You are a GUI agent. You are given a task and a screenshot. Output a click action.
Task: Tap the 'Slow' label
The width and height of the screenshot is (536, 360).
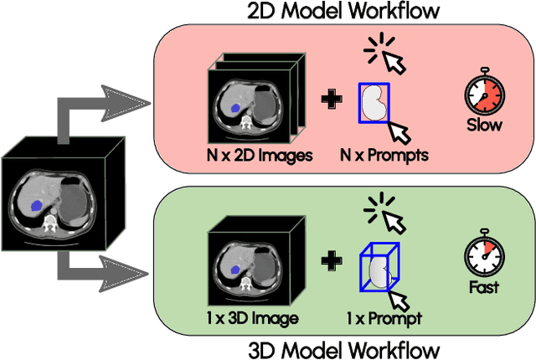click(x=485, y=126)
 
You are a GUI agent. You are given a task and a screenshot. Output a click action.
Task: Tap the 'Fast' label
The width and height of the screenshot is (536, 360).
click(x=485, y=287)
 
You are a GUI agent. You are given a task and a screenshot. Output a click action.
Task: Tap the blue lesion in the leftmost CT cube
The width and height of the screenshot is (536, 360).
click(x=36, y=204)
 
